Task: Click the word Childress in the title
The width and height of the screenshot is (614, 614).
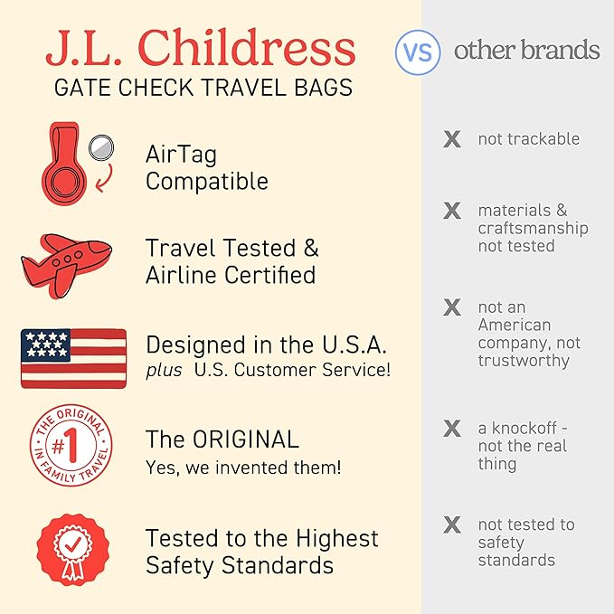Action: (263, 48)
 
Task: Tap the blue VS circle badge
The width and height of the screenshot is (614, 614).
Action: (418, 52)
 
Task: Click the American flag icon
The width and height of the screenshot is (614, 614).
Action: (73, 358)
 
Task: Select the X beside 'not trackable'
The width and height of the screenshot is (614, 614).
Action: (451, 139)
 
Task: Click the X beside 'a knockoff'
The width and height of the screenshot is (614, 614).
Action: (451, 428)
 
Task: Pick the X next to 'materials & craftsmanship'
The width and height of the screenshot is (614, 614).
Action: (451, 211)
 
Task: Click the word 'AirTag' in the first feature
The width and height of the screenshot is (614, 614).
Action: (181, 155)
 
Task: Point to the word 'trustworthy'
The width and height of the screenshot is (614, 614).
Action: (524, 361)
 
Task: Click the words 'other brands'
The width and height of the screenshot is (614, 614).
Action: (526, 50)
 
